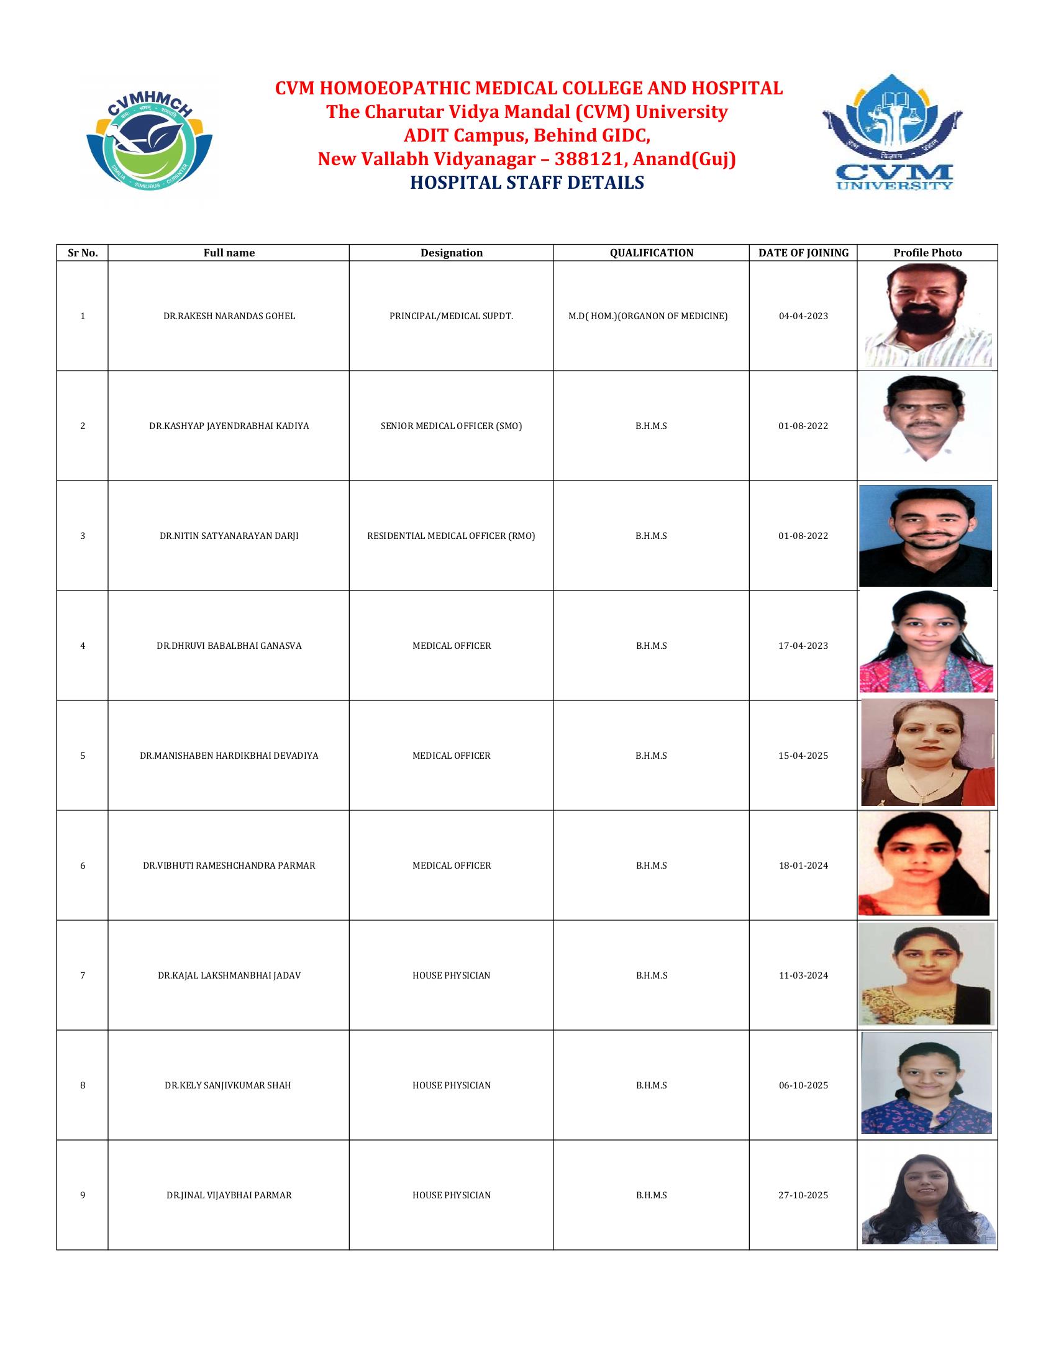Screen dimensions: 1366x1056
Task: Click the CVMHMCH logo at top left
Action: (149, 139)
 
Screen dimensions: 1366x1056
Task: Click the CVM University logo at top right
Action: (892, 133)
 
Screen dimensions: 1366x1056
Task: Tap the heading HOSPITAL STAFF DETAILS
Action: (527, 183)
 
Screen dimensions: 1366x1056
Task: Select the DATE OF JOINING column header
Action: (803, 253)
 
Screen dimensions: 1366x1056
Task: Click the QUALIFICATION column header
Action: (651, 253)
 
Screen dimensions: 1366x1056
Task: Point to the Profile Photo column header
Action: (927, 253)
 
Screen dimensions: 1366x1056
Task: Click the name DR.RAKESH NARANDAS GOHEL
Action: (229, 317)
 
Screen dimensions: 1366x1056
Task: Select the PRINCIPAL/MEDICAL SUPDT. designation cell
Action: (451, 317)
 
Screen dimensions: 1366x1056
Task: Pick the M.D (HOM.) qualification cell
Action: (647, 317)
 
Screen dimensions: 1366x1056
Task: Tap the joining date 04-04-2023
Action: (803, 317)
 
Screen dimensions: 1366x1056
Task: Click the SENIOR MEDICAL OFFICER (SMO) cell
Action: (451, 426)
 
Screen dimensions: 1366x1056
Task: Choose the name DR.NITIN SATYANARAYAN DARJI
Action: (229, 536)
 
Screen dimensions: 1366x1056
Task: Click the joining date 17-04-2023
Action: (803, 646)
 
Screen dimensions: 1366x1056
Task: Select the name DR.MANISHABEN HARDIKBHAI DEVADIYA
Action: (229, 756)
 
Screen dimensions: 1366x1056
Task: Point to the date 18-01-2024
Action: (803, 866)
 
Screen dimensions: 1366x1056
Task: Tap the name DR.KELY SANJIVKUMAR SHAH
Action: (228, 1085)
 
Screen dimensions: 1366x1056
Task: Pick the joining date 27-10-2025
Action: (803, 1195)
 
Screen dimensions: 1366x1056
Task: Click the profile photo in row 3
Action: (926, 535)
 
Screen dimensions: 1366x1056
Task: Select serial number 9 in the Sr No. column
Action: (83, 1195)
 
